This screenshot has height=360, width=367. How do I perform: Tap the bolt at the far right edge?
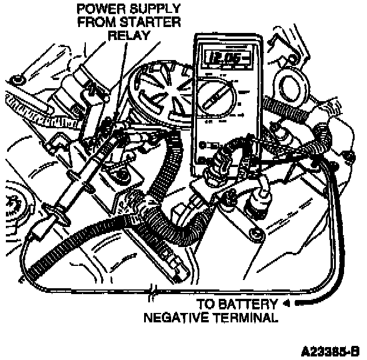347,155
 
